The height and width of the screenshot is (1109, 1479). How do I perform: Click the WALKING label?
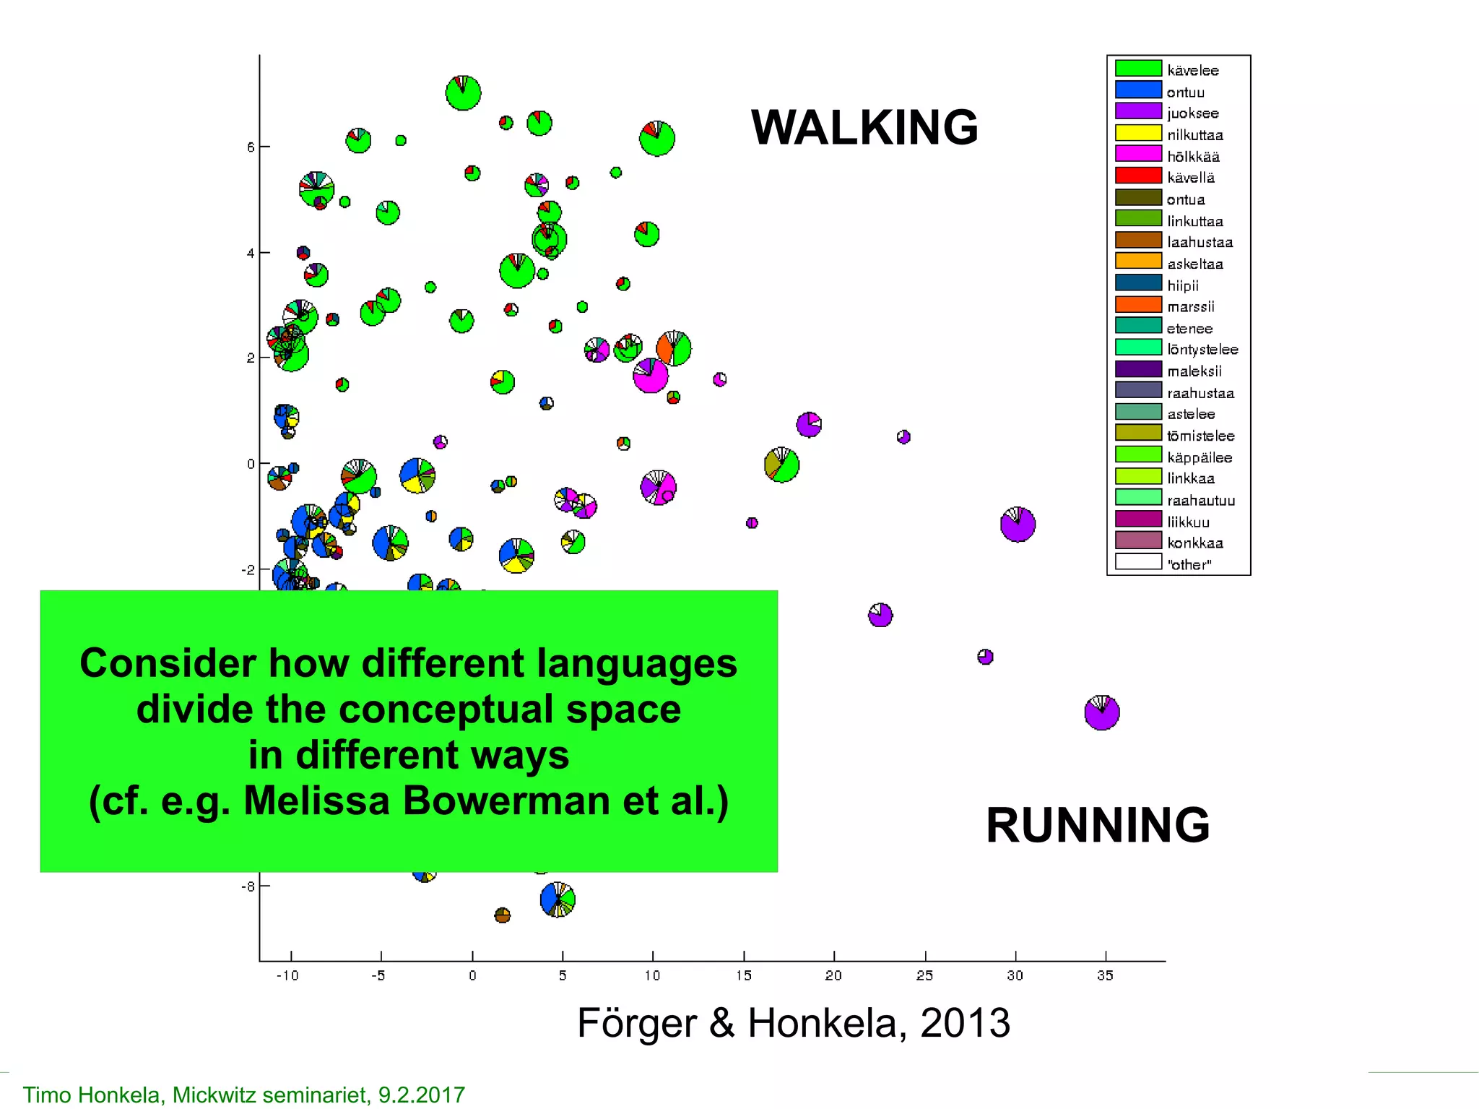coord(864,127)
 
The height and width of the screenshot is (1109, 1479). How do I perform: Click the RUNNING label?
coord(1097,825)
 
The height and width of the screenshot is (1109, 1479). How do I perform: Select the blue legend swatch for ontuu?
coord(1138,90)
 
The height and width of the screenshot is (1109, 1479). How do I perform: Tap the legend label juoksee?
coord(1192,113)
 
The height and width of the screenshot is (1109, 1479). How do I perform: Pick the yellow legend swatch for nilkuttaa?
coord(1138,133)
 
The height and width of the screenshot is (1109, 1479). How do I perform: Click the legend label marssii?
coord(1191,307)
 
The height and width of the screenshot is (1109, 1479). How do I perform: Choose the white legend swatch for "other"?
coord(1138,562)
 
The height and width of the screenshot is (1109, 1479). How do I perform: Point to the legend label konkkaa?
coord(1195,543)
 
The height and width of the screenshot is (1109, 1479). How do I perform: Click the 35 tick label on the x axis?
coord(1105,976)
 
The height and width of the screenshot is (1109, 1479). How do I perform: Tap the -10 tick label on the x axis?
coord(287,976)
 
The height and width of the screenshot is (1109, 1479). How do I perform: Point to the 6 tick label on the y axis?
coord(251,147)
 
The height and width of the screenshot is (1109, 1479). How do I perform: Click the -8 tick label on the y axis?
coord(248,886)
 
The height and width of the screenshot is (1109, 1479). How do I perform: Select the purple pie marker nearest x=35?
coord(1101,713)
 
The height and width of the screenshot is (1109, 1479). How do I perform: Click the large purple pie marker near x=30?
coord(1018,525)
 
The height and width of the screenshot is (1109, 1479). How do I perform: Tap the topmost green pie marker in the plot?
coord(463,93)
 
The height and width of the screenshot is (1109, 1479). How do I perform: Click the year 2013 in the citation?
coord(965,1023)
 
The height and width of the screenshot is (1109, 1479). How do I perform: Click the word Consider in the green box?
coord(168,663)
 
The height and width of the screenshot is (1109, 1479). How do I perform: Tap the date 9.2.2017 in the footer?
coord(422,1095)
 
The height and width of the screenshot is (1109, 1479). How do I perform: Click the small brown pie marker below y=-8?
coord(503,915)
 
